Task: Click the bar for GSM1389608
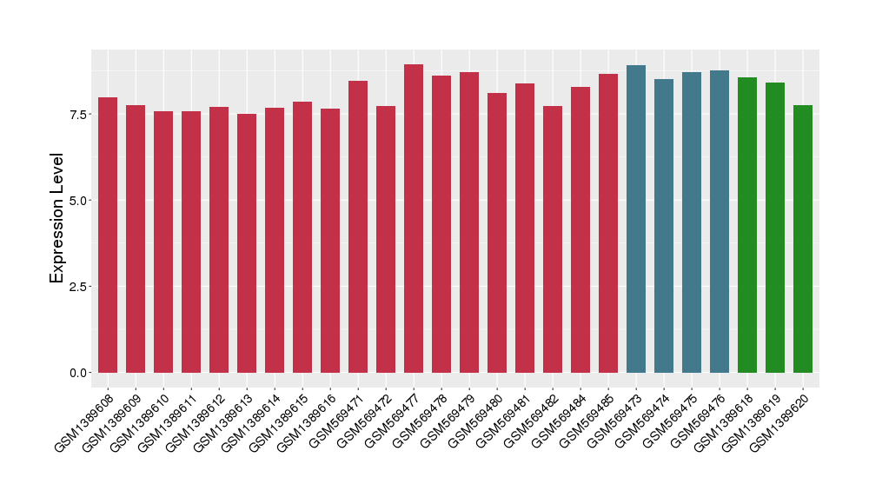pyautogui.click(x=108, y=235)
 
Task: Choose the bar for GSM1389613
pyautogui.click(x=247, y=242)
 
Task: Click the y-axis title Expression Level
pyautogui.click(x=57, y=218)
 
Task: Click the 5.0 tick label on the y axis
pyautogui.click(x=79, y=201)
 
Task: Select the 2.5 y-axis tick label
pyautogui.click(x=79, y=287)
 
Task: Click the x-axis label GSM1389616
pyautogui.click(x=307, y=421)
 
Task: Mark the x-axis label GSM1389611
pyautogui.click(x=168, y=421)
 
